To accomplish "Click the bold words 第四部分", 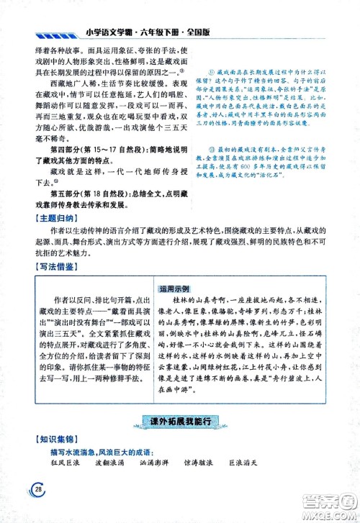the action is point(50,150).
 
